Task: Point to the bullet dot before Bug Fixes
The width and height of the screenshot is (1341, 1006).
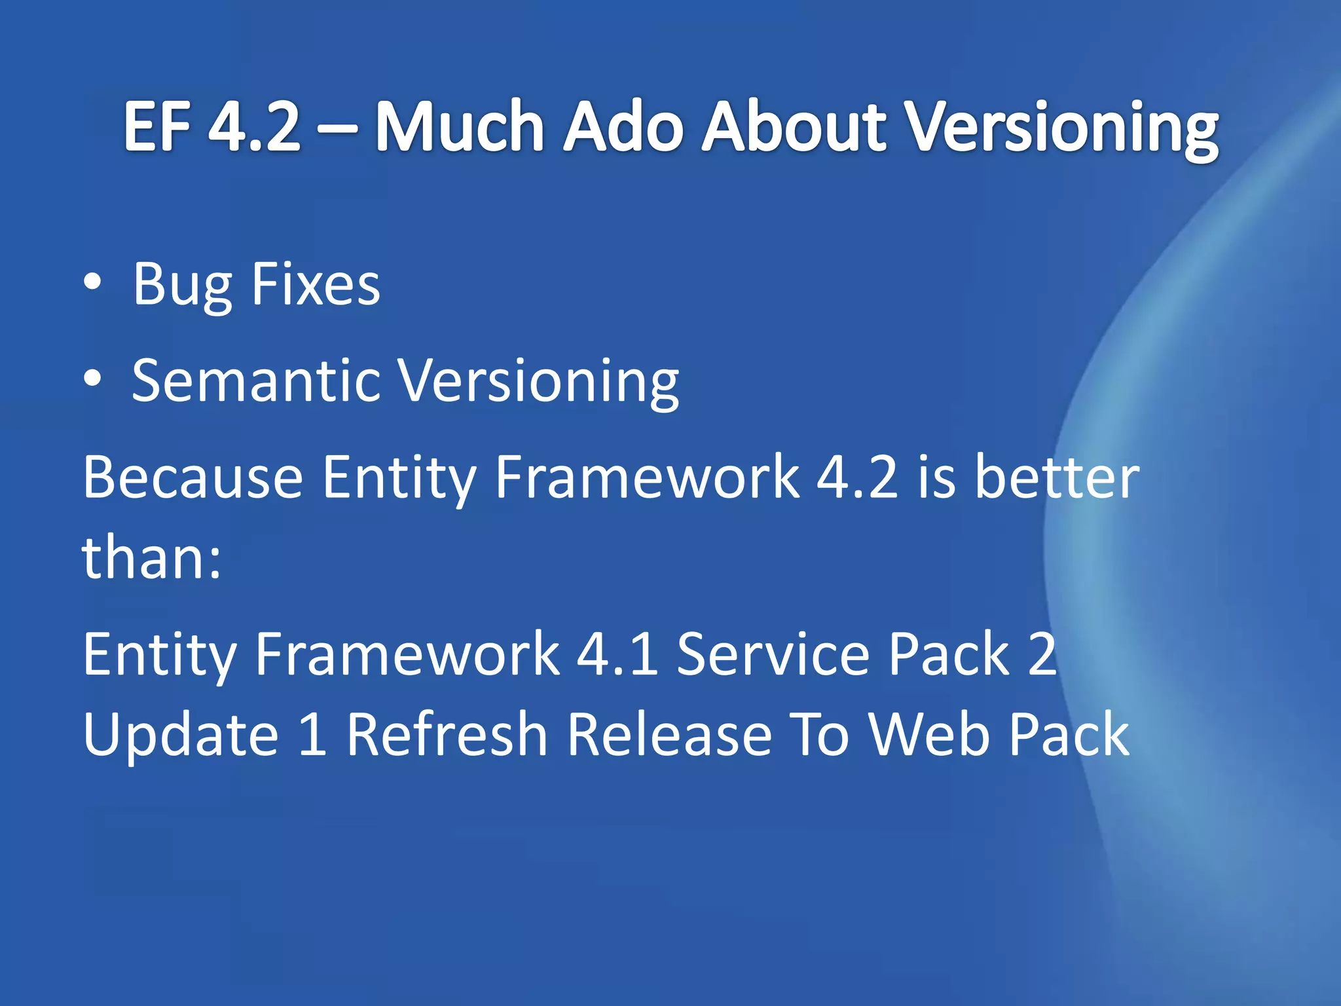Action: pyautogui.click(x=93, y=282)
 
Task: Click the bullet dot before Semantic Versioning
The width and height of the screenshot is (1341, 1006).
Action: pyautogui.click(x=93, y=379)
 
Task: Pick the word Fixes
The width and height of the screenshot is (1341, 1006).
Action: pyautogui.click(x=315, y=284)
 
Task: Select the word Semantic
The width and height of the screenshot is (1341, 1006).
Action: pyautogui.click(x=256, y=381)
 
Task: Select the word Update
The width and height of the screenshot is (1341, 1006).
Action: pyautogui.click(x=181, y=735)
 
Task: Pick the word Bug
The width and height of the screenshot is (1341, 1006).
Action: pyautogui.click(x=183, y=286)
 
